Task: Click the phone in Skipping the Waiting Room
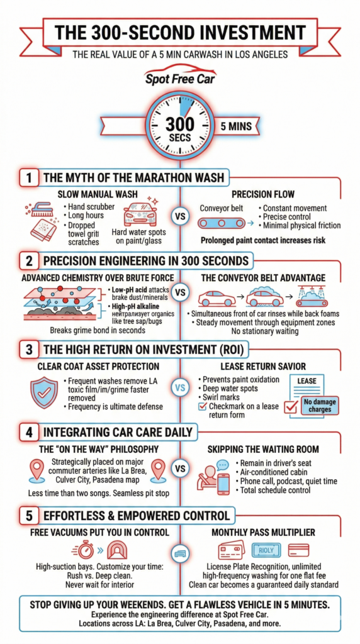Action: [223, 484]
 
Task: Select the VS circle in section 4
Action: [180, 469]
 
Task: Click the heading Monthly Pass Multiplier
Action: [264, 532]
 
